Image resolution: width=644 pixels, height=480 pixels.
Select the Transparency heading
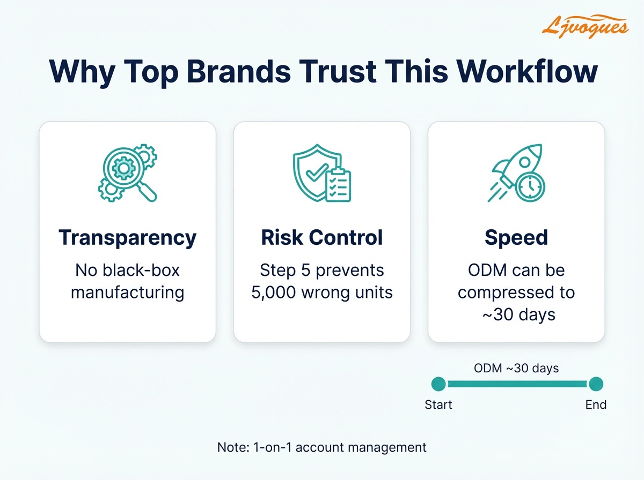[127, 237]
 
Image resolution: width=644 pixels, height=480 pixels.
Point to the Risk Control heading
[322, 237]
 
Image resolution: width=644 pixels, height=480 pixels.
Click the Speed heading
[516, 237]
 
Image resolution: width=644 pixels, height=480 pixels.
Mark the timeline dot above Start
[438, 384]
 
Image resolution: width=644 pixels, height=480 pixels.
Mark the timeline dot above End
[596, 384]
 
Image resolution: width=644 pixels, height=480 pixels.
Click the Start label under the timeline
[438, 404]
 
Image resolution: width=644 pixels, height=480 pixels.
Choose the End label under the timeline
[596, 404]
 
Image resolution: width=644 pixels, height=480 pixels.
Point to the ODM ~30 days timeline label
[516, 368]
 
